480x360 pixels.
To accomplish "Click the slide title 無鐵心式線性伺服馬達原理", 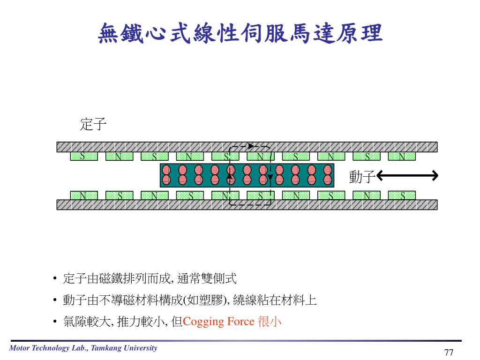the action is coord(240,34).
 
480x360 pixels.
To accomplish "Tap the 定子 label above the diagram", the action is coord(93,124).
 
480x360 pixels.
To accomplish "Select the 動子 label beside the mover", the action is coord(362,177).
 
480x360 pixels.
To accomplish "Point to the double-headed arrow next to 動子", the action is coord(407,176).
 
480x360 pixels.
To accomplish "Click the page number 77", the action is coord(449,352).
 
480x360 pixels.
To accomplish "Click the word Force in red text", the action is coord(240,322).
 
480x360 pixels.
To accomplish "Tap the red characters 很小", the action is coord(270,322).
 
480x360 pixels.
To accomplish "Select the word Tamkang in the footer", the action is coord(107,348).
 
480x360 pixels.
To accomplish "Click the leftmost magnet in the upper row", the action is coord(83,156).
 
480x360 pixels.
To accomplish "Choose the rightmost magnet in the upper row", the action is coord(402,156).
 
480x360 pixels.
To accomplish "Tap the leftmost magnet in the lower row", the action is coord(83,195).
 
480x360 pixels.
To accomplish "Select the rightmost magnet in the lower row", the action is coord(402,195).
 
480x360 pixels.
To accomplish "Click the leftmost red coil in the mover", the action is coord(166,174).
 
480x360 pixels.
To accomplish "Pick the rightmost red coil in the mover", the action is coord(328,174).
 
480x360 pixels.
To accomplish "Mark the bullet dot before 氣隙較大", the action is coord(55,322).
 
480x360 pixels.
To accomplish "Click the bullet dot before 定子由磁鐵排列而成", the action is coord(55,280).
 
